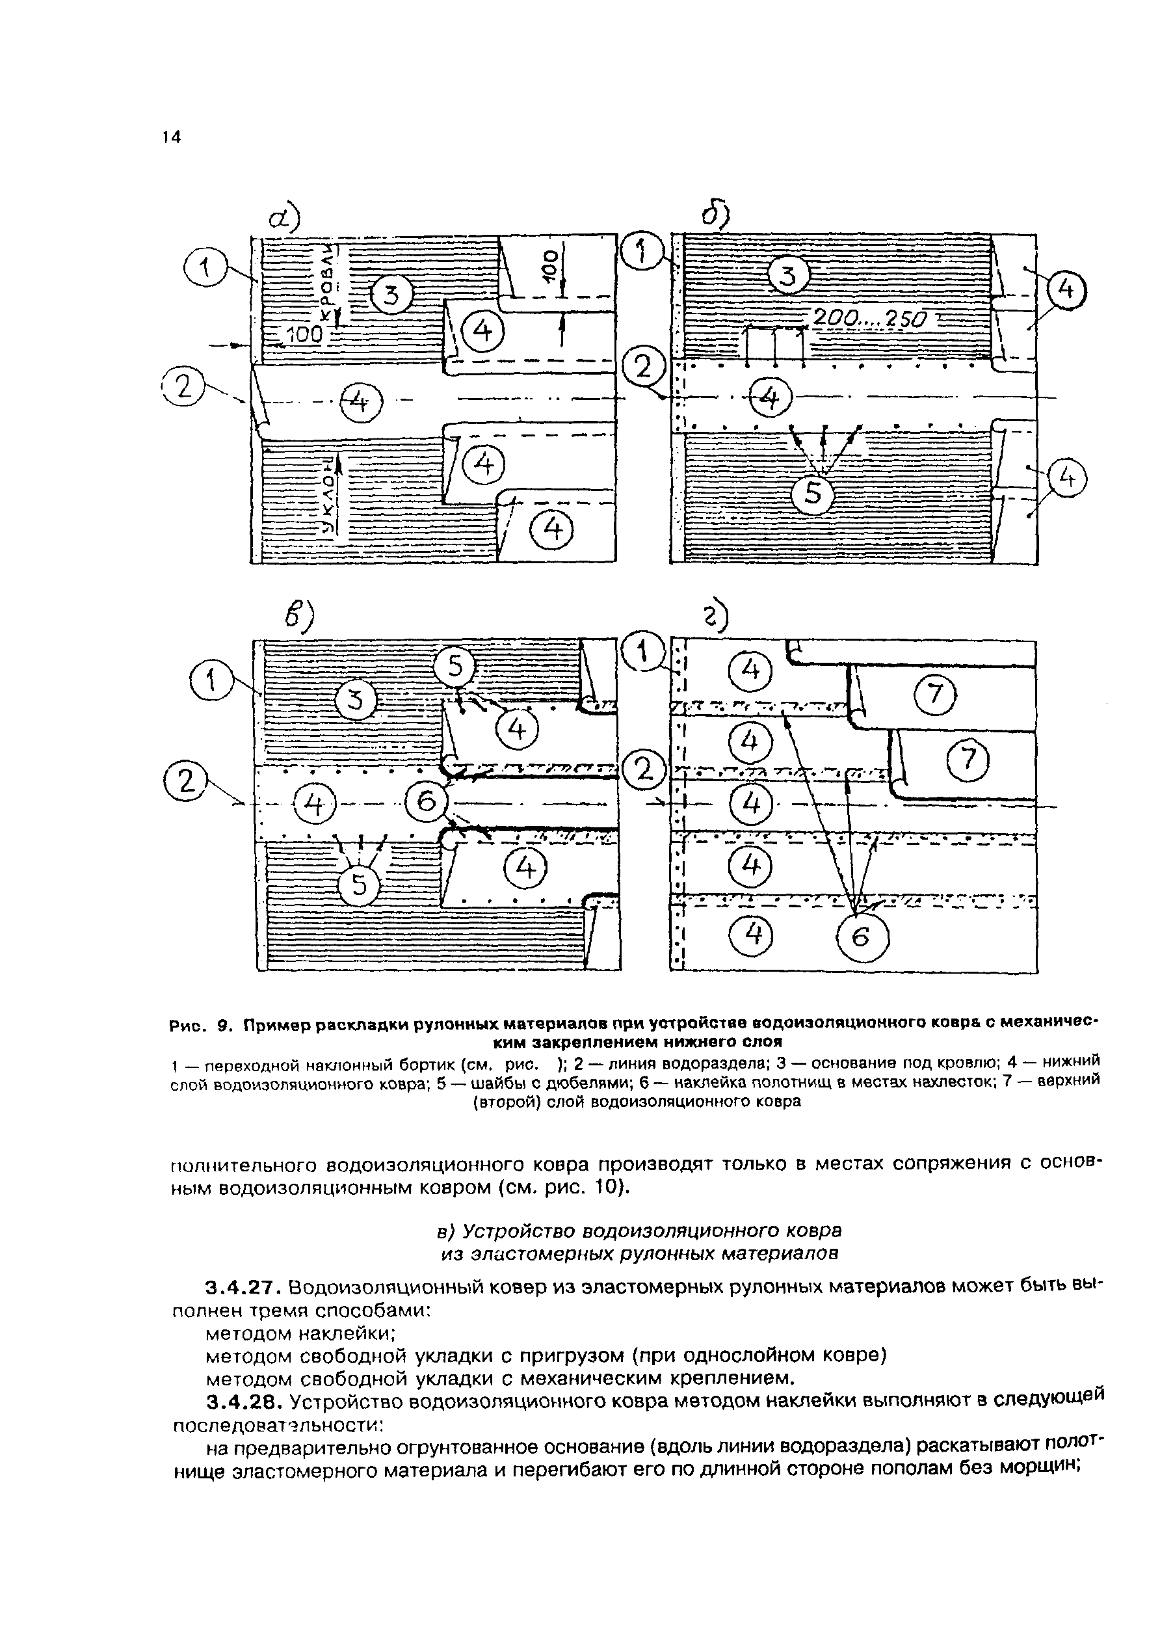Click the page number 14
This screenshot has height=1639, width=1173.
point(171,137)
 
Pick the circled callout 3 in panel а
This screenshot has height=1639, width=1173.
point(391,296)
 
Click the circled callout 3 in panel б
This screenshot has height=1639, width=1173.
point(789,276)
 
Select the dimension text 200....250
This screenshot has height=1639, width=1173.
point(869,318)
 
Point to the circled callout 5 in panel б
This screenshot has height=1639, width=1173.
point(813,495)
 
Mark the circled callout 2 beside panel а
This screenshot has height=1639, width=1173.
point(183,389)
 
